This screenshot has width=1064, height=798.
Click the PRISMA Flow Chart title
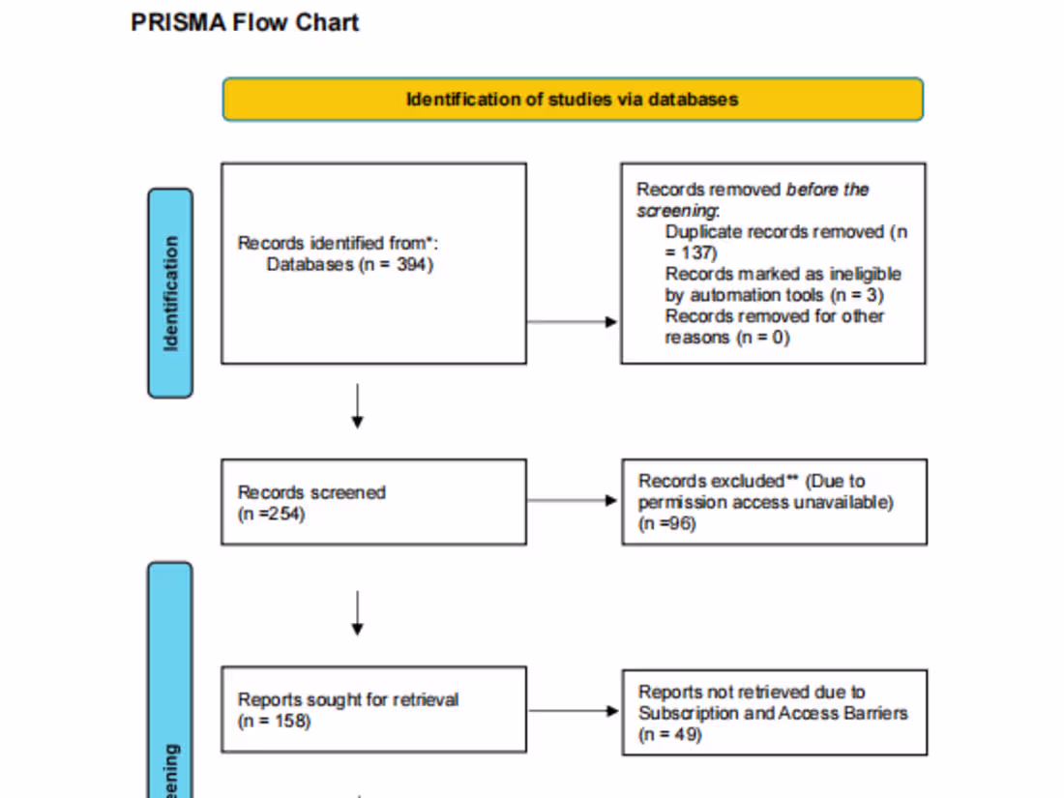pyautogui.click(x=245, y=23)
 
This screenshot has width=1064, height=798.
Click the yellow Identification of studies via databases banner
pyautogui.click(x=573, y=100)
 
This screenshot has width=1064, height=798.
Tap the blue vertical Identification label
pyautogui.click(x=170, y=293)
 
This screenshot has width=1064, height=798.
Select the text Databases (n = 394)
pyautogui.click(x=349, y=264)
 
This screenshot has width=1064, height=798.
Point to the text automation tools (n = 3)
pyautogui.click(x=774, y=295)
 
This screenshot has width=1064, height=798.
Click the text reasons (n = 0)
pyautogui.click(x=726, y=338)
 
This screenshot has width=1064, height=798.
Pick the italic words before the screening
pyautogui.click(x=753, y=200)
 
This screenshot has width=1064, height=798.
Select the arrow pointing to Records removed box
pyautogui.click(x=573, y=321)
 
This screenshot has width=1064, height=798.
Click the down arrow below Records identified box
pyautogui.click(x=358, y=406)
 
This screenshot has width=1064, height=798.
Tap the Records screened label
pyautogui.click(x=311, y=492)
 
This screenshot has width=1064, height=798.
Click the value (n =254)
pyautogui.click(x=272, y=514)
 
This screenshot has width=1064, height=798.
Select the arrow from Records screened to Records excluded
pyautogui.click(x=573, y=501)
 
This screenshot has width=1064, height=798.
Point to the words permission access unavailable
pyautogui.click(x=765, y=502)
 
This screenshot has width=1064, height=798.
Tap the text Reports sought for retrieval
pyautogui.click(x=348, y=699)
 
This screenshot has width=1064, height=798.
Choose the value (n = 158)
pyautogui.click(x=275, y=721)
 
